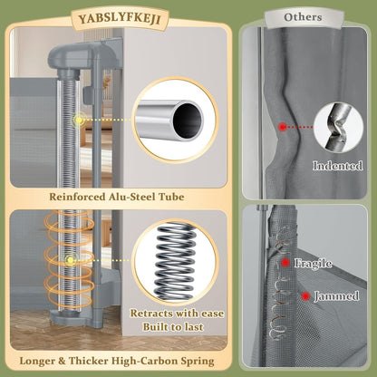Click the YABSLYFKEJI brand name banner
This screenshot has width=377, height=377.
(120, 19)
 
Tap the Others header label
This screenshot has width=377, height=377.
(303, 17)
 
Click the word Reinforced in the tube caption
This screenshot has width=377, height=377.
(77, 197)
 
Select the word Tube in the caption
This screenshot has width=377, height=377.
(172, 197)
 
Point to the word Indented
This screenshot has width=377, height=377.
(337, 166)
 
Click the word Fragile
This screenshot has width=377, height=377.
(314, 263)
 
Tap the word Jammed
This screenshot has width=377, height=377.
(336, 296)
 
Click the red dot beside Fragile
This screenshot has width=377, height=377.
(285, 263)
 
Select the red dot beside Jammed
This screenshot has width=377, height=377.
(305, 296)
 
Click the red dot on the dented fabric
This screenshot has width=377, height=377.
(283, 127)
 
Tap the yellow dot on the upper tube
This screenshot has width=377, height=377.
(79, 121)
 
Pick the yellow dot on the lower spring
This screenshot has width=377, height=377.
(71, 260)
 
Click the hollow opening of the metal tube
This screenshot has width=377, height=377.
(188, 121)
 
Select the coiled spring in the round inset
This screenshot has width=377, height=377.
(174, 261)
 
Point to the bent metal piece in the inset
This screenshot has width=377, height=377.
(338, 127)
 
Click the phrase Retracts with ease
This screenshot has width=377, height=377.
(178, 314)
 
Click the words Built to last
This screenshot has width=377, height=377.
(173, 327)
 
